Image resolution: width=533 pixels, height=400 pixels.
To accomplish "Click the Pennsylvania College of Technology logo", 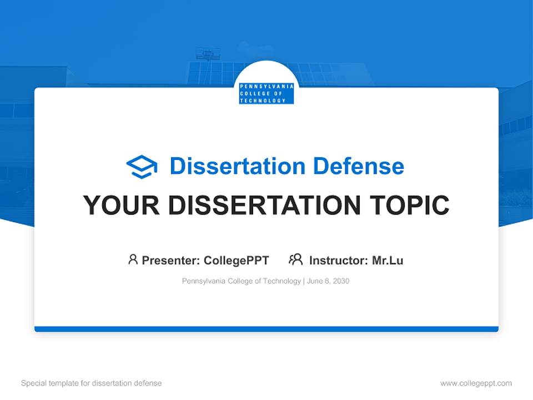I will (266, 93).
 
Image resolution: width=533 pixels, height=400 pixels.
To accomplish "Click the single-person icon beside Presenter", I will (133, 259).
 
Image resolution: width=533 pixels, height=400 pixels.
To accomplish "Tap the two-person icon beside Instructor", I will (295, 259).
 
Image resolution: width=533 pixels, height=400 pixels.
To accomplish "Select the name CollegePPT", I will (236, 260).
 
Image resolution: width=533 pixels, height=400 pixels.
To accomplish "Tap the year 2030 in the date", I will (341, 281).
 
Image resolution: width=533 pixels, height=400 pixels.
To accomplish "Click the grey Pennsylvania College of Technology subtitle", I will (242, 281).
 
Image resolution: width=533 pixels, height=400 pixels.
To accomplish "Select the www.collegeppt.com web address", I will (476, 383).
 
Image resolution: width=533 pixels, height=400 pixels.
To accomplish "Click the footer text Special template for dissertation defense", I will (92, 383).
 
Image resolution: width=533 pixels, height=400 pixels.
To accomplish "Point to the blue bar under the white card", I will (266, 329).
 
